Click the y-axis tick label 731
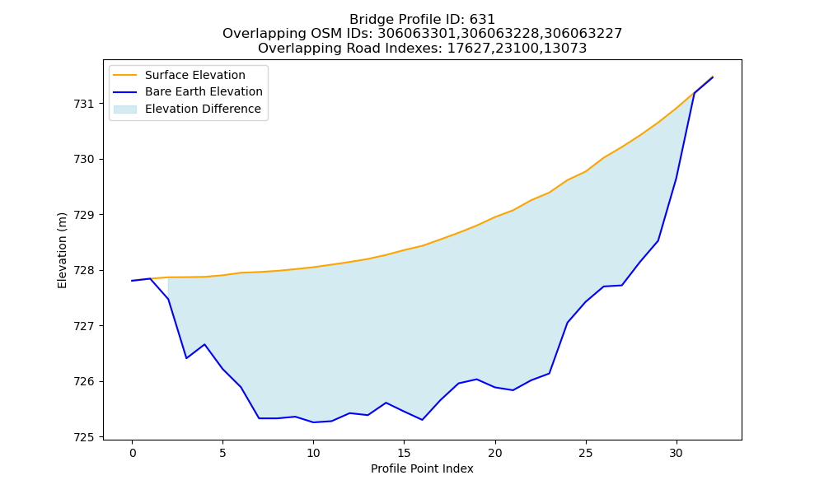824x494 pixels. (x=83, y=104)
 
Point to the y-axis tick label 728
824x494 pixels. (x=83, y=271)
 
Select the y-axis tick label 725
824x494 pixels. (x=83, y=437)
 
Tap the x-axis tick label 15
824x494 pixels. (x=404, y=453)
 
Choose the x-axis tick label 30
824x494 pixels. (x=677, y=453)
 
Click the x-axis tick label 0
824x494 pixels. (x=132, y=453)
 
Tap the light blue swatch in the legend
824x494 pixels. (x=125, y=110)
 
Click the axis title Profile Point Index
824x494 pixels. (x=422, y=468)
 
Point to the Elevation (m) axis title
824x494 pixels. (x=62, y=250)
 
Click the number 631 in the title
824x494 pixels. (x=482, y=20)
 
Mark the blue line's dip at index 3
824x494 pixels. (x=186, y=358)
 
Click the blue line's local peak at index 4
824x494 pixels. (x=204, y=344)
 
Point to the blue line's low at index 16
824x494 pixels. (x=422, y=420)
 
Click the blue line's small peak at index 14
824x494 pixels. (x=386, y=403)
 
